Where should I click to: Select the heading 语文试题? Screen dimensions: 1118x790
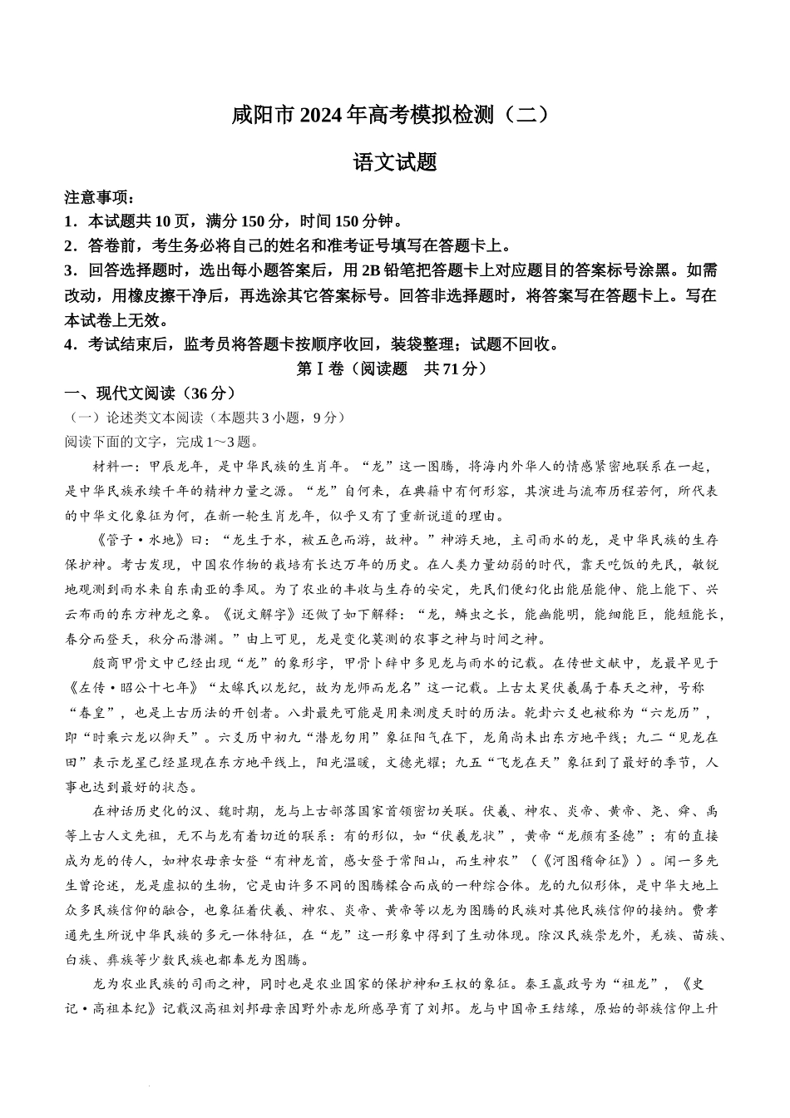coord(395,162)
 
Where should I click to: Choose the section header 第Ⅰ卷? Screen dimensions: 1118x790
coord(314,369)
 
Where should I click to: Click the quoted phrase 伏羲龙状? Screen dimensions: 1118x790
coord(470,836)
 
